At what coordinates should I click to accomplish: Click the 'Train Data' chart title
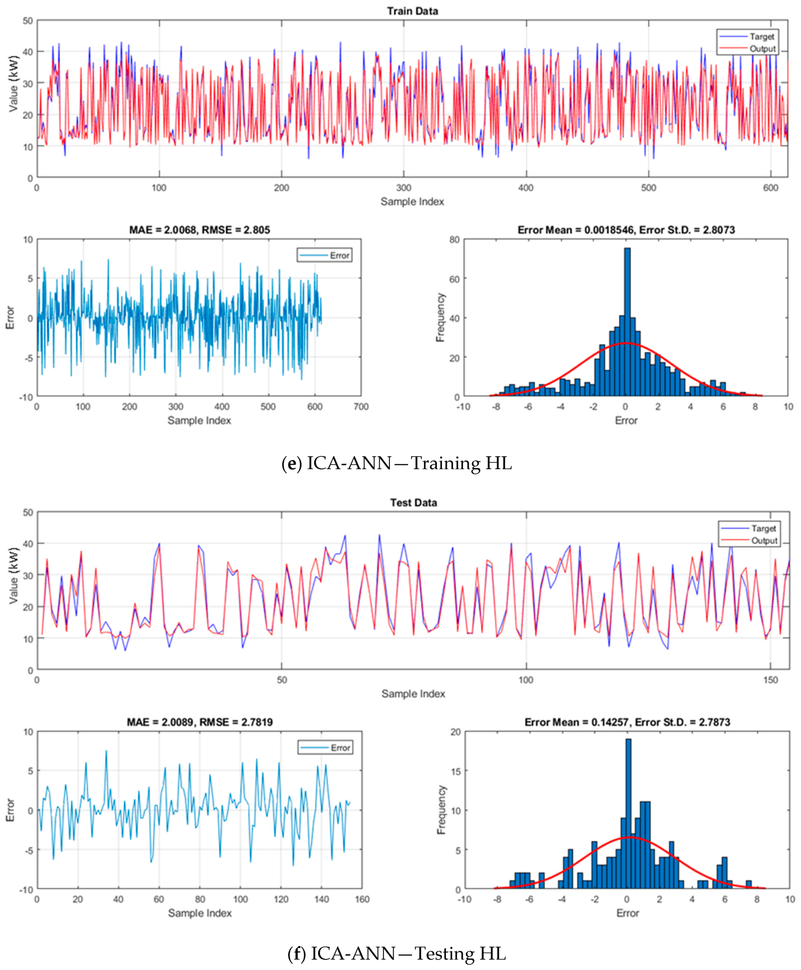(412, 11)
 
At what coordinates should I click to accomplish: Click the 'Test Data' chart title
(413, 503)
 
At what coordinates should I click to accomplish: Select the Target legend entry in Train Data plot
(761, 36)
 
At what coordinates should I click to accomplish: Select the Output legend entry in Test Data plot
(764, 540)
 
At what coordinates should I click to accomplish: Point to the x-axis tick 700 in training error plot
(361, 407)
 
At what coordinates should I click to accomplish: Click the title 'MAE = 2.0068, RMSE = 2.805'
(199, 230)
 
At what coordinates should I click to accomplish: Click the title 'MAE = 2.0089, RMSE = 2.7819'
(200, 722)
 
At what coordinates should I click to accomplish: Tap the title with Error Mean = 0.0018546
(626, 230)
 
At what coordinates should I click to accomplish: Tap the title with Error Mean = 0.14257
(627, 722)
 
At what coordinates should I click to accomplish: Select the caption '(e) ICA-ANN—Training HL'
(397, 463)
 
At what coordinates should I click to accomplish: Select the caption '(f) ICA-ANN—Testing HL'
(397, 954)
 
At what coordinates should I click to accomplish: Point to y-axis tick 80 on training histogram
(454, 240)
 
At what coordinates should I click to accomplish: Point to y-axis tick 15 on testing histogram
(455, 771)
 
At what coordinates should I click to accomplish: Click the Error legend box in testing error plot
(325, 747)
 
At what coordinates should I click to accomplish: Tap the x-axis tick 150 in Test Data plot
(770, 680)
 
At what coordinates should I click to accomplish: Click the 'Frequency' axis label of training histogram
(440, 317)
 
